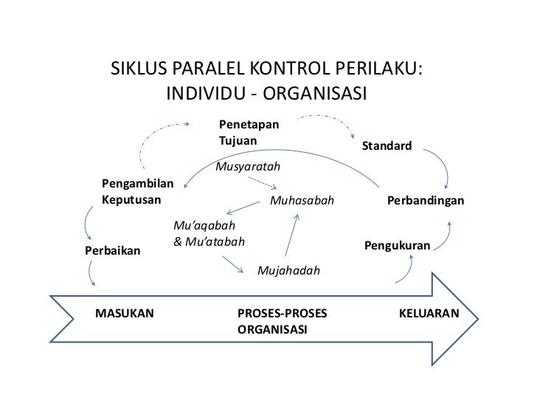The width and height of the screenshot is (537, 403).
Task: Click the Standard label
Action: pos(387,147)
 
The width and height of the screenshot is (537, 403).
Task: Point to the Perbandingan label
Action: pos(426,201)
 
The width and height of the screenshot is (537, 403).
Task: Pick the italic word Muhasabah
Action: pos(302,201)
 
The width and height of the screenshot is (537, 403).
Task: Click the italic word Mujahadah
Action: pos(288,271)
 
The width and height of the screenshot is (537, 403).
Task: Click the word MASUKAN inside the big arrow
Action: pos(125,314)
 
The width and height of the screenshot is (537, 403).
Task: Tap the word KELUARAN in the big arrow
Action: pos(428,314)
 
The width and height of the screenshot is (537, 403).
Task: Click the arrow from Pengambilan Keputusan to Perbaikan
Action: pos(87,224)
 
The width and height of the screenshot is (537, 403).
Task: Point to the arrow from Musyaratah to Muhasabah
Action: pos(254,182)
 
